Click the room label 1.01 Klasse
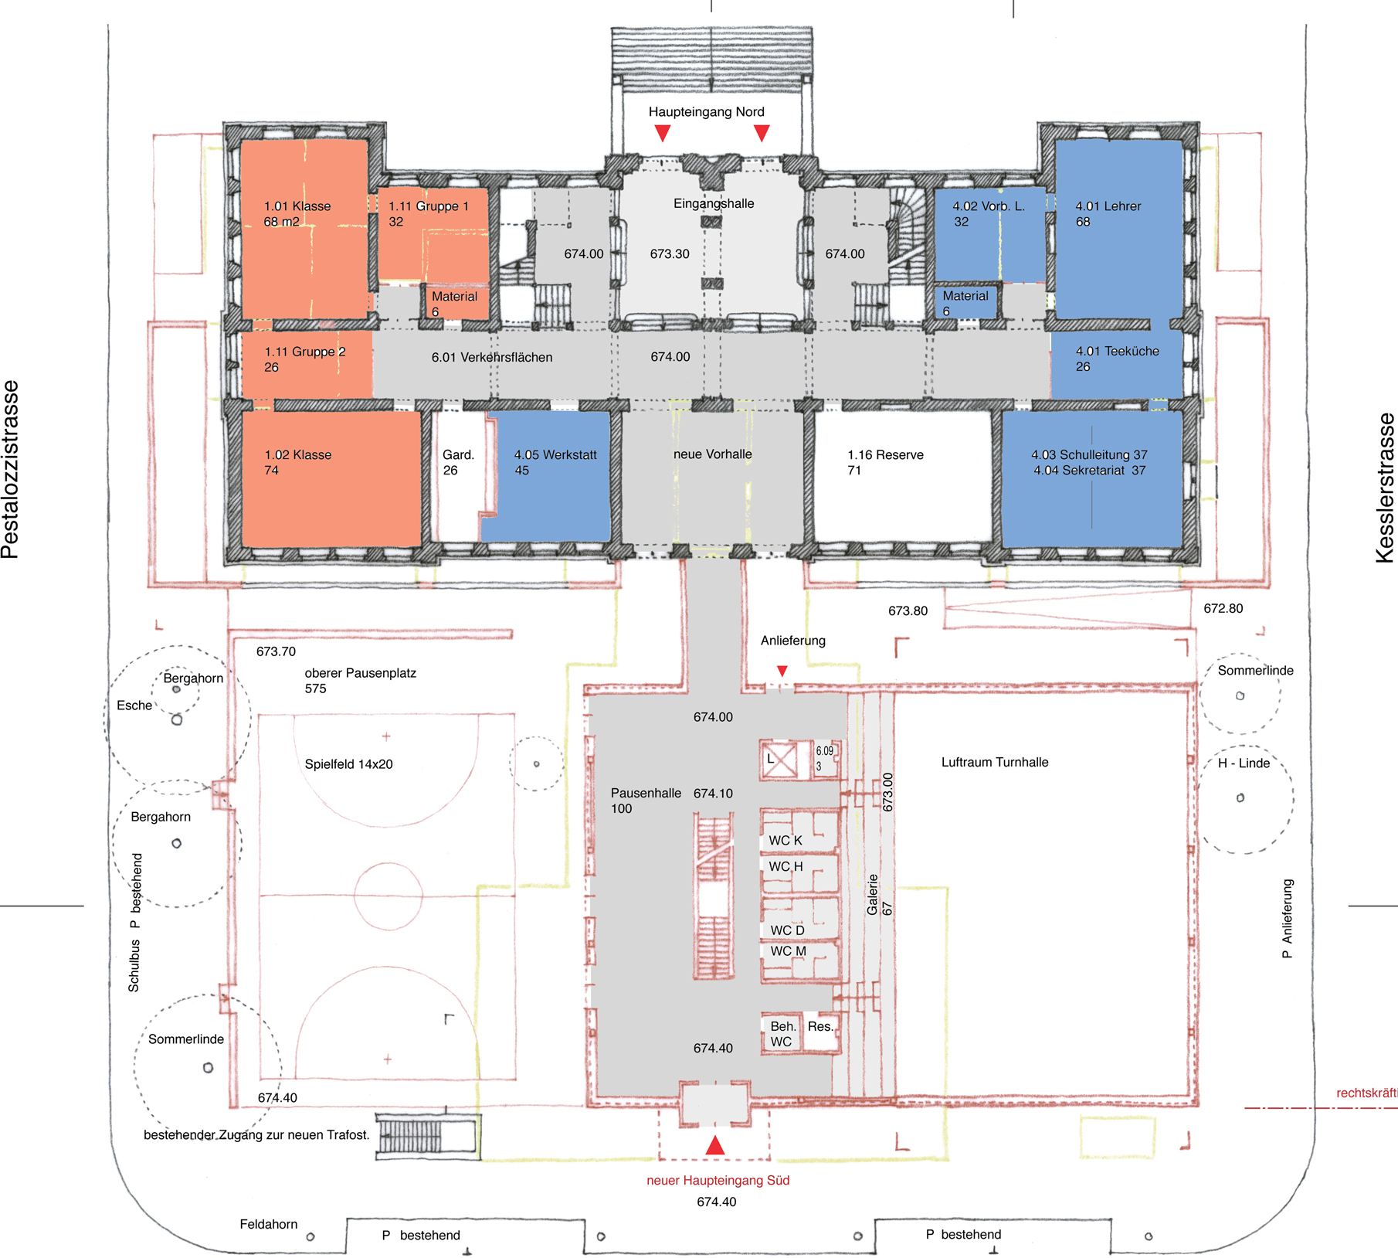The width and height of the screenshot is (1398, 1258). [x=297, y=206]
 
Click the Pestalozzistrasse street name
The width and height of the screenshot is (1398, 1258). [x=10, y=470]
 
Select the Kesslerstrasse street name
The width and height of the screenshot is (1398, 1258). [x=1386, y=488]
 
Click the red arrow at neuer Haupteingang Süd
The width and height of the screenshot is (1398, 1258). [x=715, y=1145]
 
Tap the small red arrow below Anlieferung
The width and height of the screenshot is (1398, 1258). [x=782, y=671]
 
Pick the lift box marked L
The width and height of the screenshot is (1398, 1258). [x=781, y=760]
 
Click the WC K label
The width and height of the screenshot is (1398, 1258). [x=786, y=841]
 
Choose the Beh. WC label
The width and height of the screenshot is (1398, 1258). [x=782, y=1034]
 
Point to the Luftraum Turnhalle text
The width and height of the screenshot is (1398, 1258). [x=995, y=763]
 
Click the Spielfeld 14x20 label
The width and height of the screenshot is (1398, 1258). [x=349, y=764]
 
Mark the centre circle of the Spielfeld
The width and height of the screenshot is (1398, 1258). [x=389, y=862]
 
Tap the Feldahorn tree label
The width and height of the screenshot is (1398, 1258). [x=269, y=1224]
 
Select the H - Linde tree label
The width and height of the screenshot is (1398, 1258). [x=1244, y=763]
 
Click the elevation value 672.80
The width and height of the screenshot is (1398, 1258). [x=1223, y=609]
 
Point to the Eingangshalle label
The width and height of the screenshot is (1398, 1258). [x=714, y=204]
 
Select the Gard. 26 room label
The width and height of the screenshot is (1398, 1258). [x=458, y=463]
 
